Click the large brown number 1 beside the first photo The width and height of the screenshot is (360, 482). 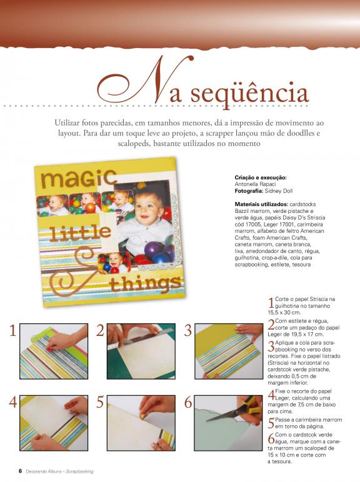(12, 331)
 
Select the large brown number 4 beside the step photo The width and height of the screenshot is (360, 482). (13, 402)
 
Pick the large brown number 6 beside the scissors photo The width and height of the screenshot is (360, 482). (188, 402)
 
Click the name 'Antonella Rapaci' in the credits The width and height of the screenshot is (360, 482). (256, 184)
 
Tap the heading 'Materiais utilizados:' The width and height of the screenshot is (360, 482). (261, 204)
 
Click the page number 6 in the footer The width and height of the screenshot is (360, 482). (20, 471)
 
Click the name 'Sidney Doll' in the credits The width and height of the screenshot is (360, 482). (279, 191)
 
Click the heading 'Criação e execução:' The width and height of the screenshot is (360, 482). (261, 177)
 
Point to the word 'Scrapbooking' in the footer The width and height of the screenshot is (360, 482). (80, 471)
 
